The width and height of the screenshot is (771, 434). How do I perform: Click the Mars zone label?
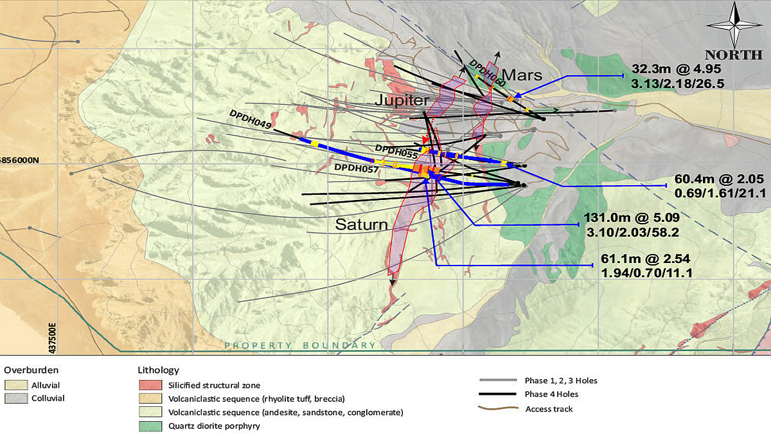click(x=522, y=75)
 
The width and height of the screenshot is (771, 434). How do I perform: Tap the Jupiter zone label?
click(x=402, y=102)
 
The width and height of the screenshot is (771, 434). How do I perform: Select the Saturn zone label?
click(x=362, y=225)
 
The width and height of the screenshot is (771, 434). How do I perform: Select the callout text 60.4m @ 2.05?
click(x=721, y=179)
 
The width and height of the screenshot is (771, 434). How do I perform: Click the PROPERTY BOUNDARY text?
click(x=299, y=346)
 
